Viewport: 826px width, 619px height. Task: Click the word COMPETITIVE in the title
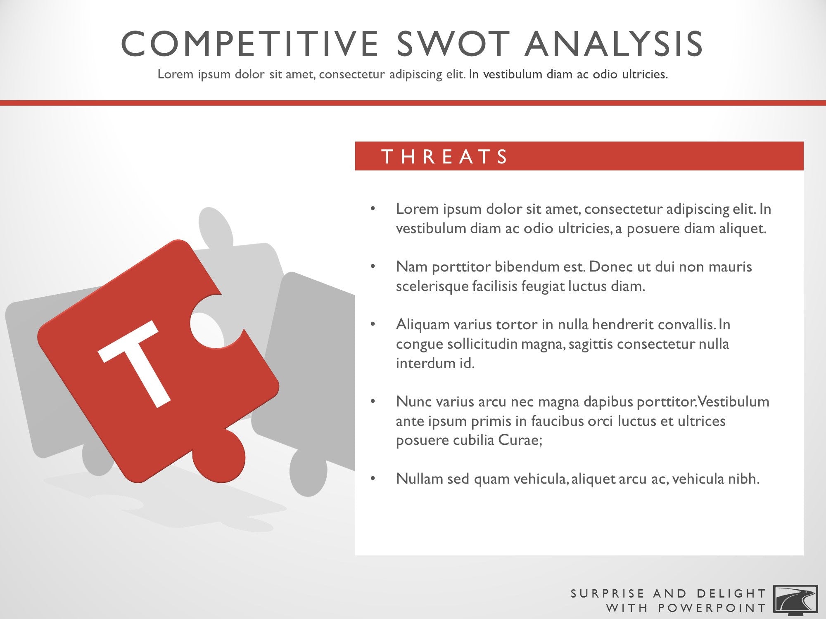point(250,44)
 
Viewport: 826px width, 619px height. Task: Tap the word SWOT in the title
point(453,44)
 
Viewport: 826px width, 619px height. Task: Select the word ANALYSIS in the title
point(614,44)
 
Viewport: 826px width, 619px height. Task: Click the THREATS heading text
point(445,157)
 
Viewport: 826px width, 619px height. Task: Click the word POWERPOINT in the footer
point(712,608)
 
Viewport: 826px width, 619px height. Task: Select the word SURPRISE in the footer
point(607,593)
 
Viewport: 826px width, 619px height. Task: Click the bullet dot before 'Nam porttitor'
point(373,267)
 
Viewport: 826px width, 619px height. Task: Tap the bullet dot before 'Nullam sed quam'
point(373,479)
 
